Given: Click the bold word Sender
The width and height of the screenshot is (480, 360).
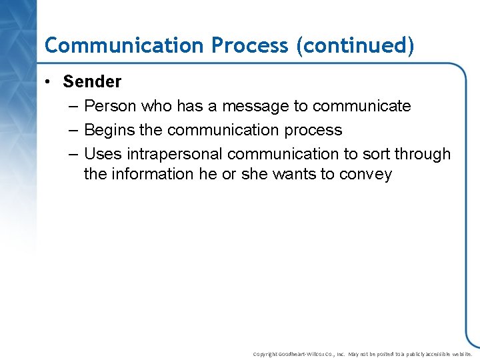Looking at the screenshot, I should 92,82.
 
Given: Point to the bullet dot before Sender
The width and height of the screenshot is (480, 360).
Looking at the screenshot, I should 49,83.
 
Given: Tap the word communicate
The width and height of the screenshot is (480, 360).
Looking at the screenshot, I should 361,106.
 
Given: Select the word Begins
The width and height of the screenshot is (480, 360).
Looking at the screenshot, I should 109,130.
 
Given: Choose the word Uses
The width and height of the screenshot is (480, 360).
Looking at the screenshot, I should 103,154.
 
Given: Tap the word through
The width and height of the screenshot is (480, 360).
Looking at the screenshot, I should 423,154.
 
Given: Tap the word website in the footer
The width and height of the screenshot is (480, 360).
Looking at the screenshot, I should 459,354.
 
